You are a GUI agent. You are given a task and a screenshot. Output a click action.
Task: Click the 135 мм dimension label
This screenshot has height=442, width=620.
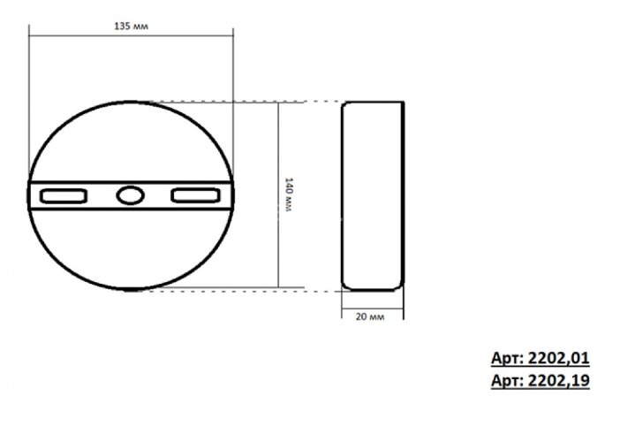[131, 27]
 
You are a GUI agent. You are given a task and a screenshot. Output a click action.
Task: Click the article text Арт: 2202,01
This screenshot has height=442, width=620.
[541, 359]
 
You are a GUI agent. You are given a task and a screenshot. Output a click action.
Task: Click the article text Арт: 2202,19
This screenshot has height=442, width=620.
[541, 381]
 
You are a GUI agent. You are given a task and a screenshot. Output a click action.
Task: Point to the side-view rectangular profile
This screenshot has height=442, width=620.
[373, 195]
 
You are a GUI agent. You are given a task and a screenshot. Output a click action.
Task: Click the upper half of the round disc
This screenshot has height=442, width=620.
[131, 141]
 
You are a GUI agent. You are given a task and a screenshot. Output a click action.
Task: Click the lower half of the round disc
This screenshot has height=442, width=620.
[131, 252]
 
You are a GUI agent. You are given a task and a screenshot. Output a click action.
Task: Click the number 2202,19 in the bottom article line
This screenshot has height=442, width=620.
[556, 381]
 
